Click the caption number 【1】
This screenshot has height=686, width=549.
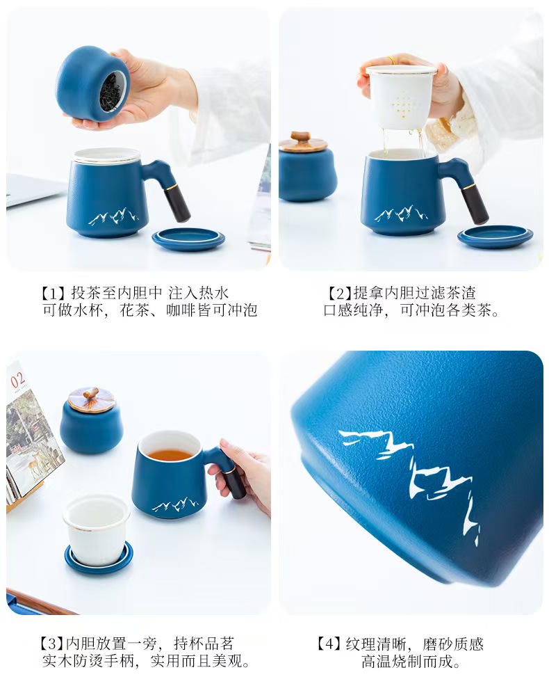[54, 293]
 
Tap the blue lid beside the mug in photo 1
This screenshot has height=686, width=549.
[188, 239]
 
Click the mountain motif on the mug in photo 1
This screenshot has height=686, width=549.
[113, 216]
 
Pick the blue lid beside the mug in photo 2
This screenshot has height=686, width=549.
[495, 237]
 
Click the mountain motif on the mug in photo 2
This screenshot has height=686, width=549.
[401, 214]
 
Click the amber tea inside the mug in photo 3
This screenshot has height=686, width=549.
[170, 455]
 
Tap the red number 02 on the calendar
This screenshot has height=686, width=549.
[17, 380]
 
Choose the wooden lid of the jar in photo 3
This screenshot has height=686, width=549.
[91, 399]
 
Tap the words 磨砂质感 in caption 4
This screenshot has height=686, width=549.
[453, 644]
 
